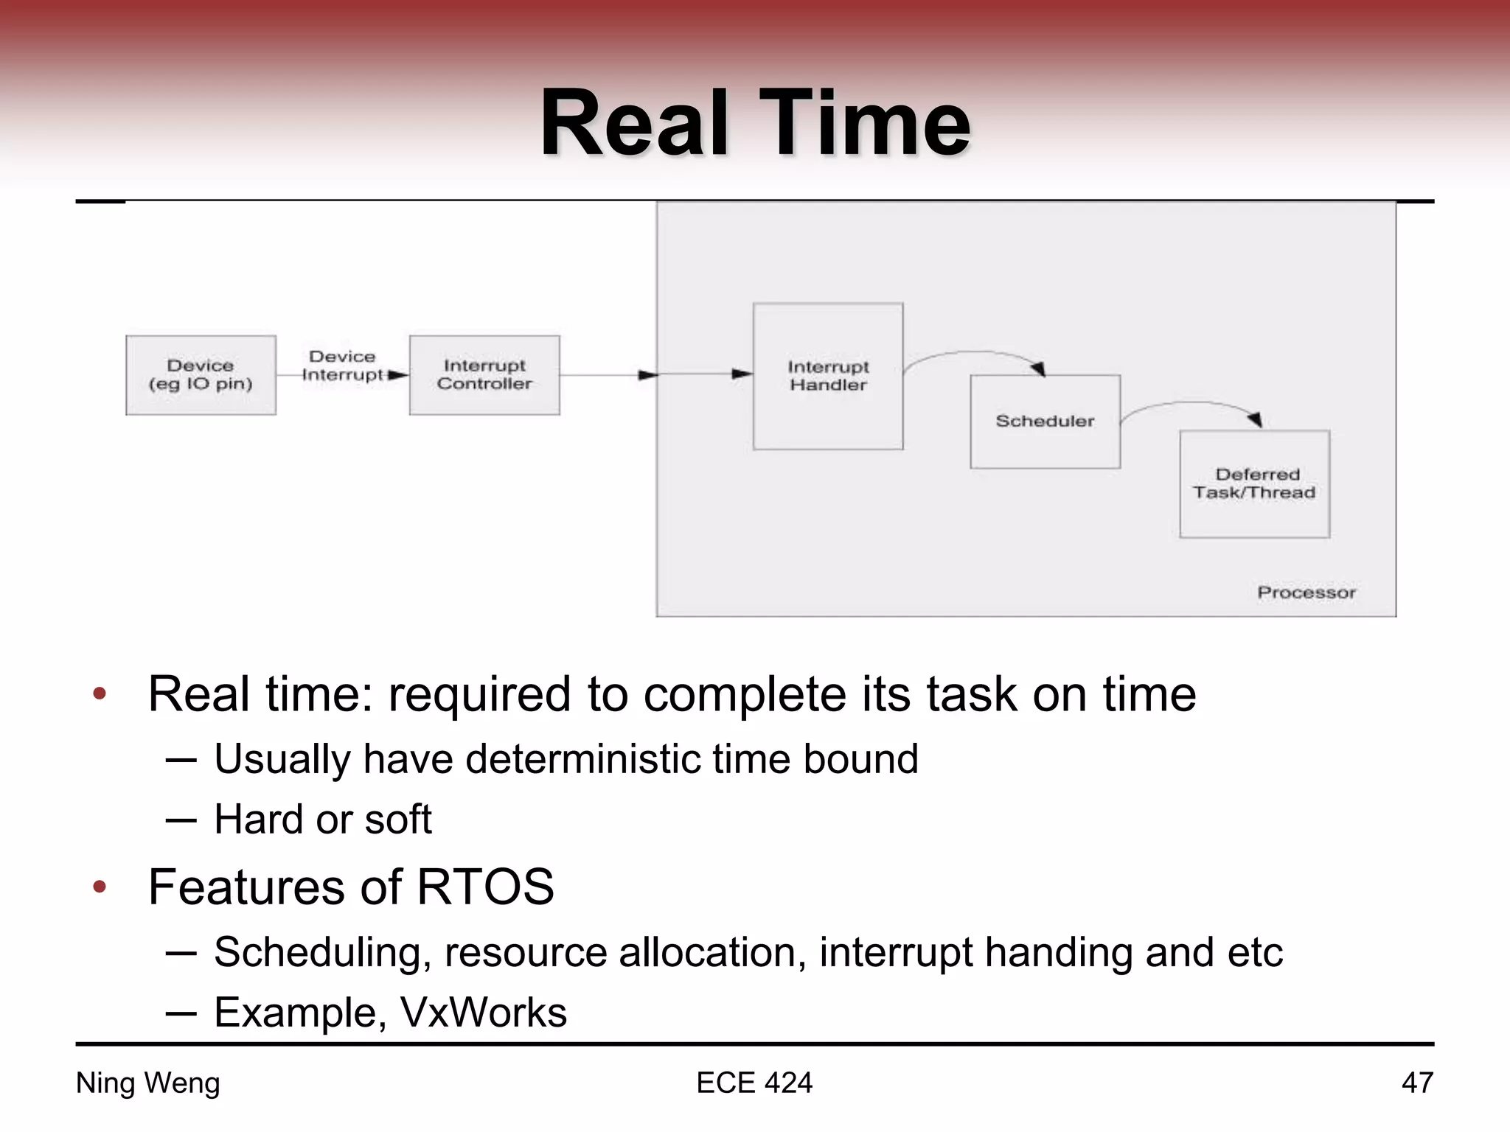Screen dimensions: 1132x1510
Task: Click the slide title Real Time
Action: click(x=755, y=124)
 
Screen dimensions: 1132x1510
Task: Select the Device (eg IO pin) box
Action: click(x=201, y=375)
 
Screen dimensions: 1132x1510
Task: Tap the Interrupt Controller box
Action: click(x=484, y=375)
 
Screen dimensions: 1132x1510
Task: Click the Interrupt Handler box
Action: click(x=828, y=376)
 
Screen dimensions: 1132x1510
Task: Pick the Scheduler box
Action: click(x=1045, y=422)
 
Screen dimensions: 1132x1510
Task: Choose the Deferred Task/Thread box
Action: click(x=1254, y=484)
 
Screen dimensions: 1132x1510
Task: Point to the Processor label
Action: click(x=1306, y=593)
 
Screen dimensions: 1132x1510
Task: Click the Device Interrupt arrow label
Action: click(x=342, y=366)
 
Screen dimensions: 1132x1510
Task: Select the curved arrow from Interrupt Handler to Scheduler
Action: click(x=973, y=354)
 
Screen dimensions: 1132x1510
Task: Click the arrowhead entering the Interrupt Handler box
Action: click(x=742, y=374)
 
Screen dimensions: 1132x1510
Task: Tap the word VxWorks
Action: click(x=483, y=1013)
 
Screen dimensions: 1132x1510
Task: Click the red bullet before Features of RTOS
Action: click(x=100, y=887)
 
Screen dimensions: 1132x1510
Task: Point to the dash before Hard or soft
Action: click(x=181, y=820)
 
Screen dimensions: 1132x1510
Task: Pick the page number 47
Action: click(x=1416, y=1083)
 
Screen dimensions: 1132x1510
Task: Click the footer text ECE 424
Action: click(x=754, y=1083)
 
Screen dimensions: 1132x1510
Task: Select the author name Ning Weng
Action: click(x=147, y=1083)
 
